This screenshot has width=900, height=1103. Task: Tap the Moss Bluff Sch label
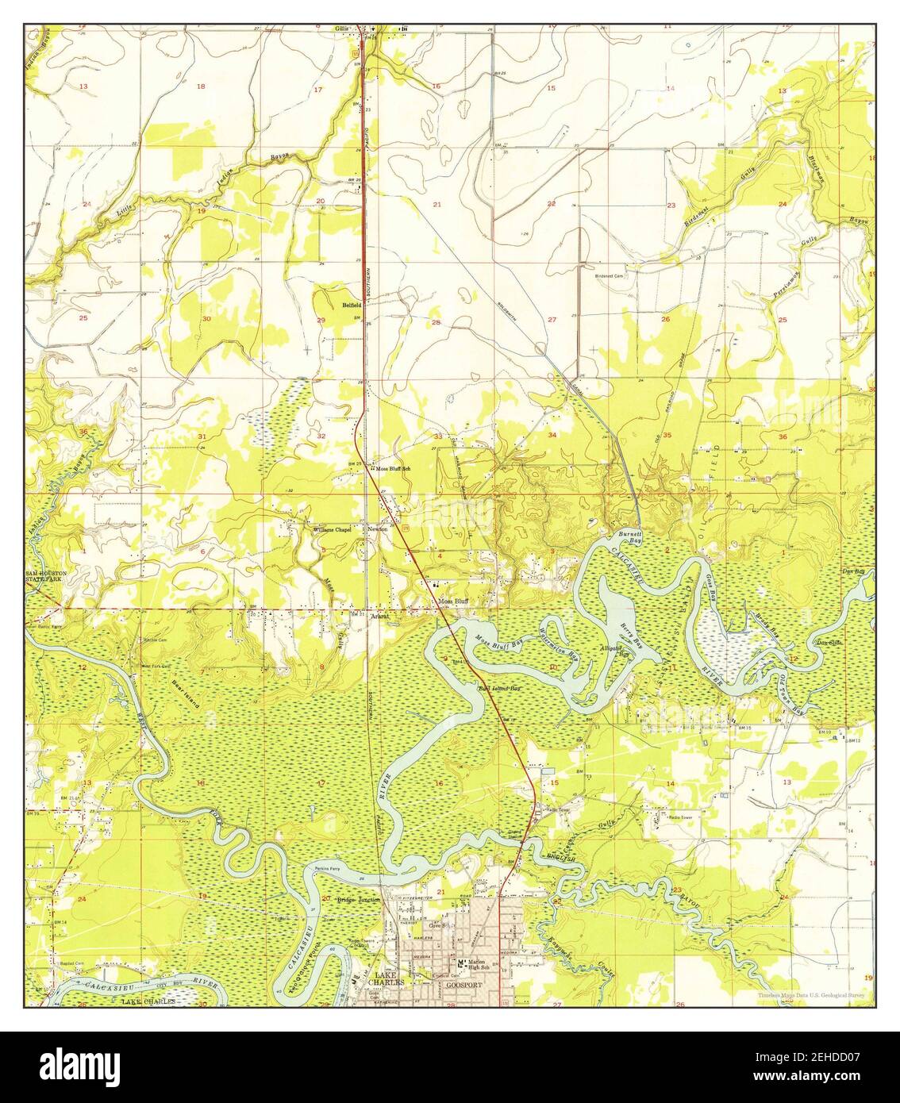click(394, 468)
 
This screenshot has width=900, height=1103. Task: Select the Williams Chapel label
click(331, 528)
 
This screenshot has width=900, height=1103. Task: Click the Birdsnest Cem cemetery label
click(611, 276)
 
